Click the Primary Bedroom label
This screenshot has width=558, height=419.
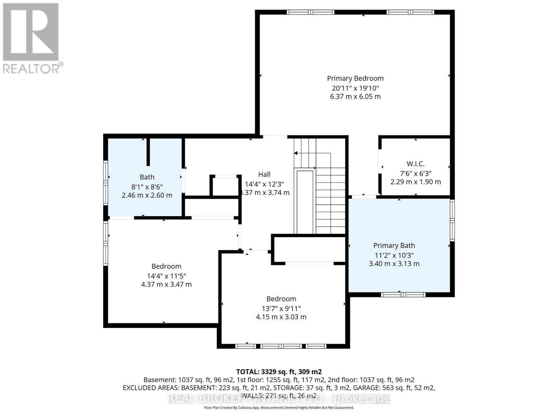(x=355, y=79)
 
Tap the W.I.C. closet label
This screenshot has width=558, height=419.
(x=415, y=164)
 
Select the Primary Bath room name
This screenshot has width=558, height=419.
(x=394, y=245)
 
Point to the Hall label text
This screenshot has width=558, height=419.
(x=264, y=174)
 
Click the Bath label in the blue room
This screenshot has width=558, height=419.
(x=147, y=177)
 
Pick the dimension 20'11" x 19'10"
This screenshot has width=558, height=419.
(x=355, y=88)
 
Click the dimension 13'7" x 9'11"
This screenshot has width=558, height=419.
(x=281, y=308)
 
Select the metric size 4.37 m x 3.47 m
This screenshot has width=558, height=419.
(x=166, y=284)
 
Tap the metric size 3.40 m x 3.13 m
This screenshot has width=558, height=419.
(x=394, y=264)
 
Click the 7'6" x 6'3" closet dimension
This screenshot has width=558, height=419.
(x=415, y=173)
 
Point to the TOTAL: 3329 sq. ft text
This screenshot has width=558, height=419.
(x=279, y=372)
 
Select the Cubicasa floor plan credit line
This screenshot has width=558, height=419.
(x=279, y=407)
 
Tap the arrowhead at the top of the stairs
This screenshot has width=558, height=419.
(x=296, y=153)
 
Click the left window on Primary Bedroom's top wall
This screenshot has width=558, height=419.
(x=310, y=12)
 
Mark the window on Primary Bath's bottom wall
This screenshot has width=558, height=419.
(x=403, y=295)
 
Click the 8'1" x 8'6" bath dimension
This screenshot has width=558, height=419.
(x=147, y=186)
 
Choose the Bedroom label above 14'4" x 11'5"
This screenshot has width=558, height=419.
(x=166, y=266)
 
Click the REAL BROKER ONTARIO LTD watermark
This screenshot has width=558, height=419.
(x=279, y=398)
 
